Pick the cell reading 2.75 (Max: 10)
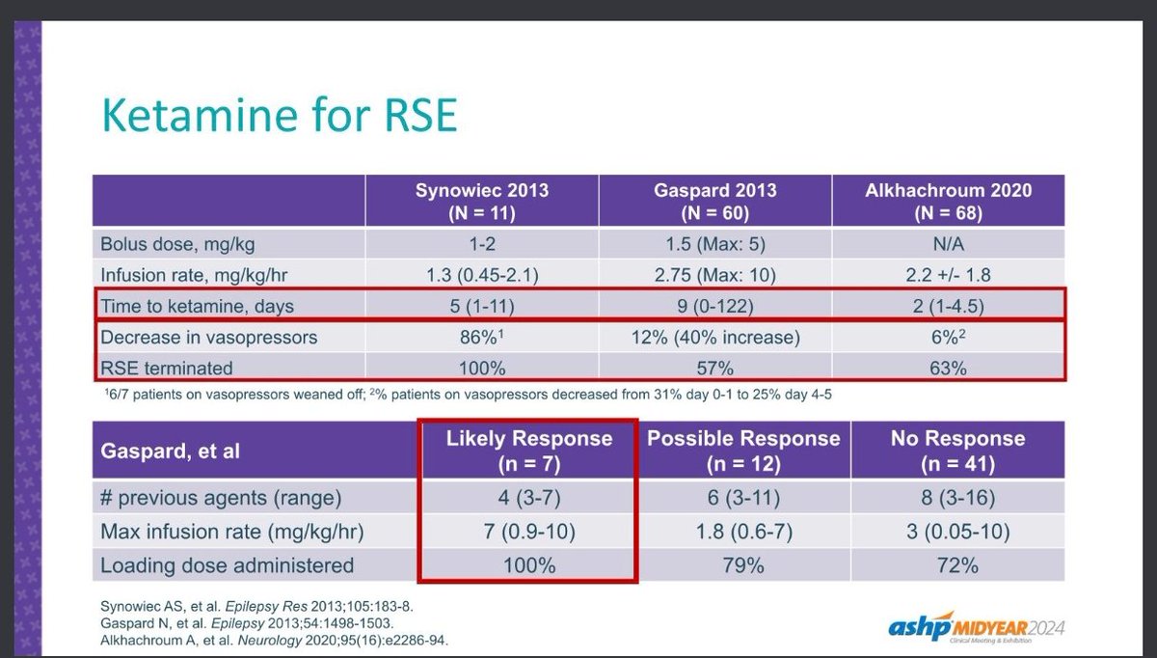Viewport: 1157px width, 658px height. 714,275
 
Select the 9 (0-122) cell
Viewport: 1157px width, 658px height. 714,307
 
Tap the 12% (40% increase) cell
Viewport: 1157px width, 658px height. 714,339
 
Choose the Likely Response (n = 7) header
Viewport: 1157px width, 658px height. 528,451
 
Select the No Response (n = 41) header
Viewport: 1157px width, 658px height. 956,451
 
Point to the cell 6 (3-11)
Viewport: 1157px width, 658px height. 742,498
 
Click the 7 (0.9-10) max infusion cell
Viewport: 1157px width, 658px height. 528,531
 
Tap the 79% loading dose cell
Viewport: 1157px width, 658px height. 742,564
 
